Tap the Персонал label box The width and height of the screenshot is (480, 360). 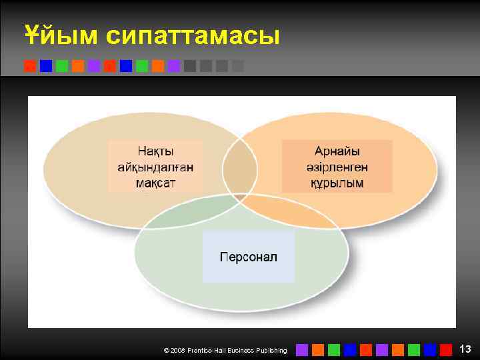(x=248, y=257)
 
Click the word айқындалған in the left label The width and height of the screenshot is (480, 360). (x=155, y=167)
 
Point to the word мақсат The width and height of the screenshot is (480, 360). (x=155, y=182)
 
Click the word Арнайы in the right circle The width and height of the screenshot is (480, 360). (x=337, y=152)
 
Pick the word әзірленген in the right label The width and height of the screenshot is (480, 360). (x=337, y=167)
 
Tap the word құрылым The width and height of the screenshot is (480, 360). (x=337, y=182)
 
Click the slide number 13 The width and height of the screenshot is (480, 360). (x=465, y=349)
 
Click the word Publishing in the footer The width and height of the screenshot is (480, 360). (x=270, y=350)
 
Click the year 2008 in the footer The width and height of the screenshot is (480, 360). (x=178, y=350)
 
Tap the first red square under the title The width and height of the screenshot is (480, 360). (x=30, y=66)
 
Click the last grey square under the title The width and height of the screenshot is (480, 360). (x=238, y=66)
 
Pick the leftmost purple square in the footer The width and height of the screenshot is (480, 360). (x=302, y=349)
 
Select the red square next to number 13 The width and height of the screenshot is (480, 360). (x=446, y=349)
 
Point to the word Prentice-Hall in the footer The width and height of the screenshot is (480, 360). (x=208, y=350)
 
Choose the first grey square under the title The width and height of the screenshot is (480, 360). (x=190, y=66)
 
